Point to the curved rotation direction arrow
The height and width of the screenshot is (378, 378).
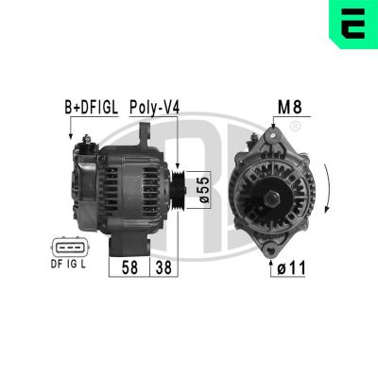(327, 188)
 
